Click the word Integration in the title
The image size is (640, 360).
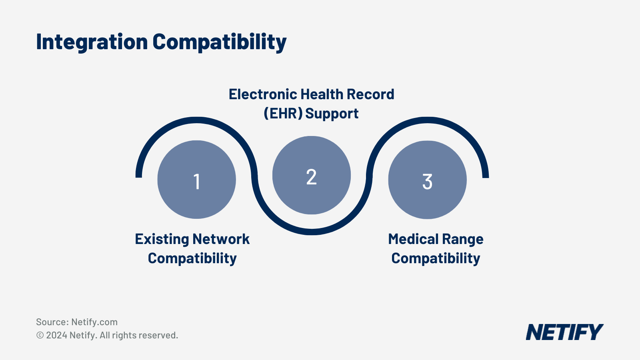coord(92,42)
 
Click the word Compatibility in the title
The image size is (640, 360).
coord(219,42)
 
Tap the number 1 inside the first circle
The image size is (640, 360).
coord(196,182)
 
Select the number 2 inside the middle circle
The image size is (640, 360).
coord(311,177)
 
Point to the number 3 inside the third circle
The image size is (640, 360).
coord(427,182)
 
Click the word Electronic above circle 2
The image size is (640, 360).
coord(262,94)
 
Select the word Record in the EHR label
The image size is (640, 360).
coord(370,94)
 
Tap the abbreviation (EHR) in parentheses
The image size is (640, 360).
coord(283,114)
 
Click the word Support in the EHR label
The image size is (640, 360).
coord(332,114)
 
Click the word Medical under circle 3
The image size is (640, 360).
coord(413,239)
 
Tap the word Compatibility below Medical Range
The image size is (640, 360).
coord(436,259)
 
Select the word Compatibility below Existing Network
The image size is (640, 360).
coord(192,259)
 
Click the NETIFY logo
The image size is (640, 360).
coord(564,332)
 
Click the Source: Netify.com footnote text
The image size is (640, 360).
coord(77,322)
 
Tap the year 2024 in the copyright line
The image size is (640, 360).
coord(56,335)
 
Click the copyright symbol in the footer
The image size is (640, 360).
coord(40,335)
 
